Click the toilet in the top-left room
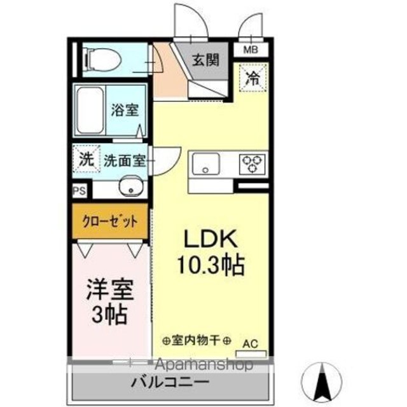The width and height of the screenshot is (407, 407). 102,60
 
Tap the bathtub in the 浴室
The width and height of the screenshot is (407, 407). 91,111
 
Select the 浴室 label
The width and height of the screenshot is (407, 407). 125,110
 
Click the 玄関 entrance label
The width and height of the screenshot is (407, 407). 206,60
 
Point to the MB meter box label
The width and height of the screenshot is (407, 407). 251,50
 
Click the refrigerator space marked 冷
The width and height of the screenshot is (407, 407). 253,77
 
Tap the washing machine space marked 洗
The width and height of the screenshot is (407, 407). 86,159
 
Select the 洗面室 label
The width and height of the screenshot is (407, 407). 125,161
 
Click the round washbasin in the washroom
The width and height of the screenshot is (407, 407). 132,186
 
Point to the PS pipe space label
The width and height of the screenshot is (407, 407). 79,191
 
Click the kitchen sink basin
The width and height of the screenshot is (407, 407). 205,163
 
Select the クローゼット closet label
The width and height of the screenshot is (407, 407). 110,222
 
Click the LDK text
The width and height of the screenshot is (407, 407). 210,239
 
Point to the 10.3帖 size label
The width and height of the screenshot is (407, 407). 210,265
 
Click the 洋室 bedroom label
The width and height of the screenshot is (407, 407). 110,289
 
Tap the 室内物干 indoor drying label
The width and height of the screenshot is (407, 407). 197,340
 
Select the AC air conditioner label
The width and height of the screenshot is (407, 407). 251,343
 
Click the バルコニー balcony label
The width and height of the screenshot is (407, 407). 170,382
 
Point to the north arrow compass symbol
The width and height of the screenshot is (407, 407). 322,382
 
